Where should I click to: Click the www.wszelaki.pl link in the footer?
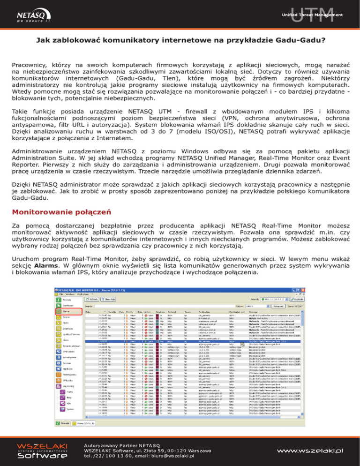click(x=309, y=451)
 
